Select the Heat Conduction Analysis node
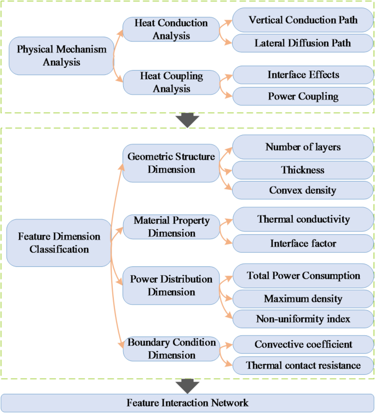point(171,30)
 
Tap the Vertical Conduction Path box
point(303,20)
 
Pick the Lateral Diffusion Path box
point(303,42)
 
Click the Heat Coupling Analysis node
point(171,82)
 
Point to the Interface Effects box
point(303,74)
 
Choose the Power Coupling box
point(303,97)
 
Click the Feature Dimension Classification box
point(59,243)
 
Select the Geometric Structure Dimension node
point(171,163)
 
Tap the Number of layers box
point(303,147)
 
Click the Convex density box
point(303,190)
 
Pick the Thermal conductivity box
point(303,219)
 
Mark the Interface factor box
point(303,243)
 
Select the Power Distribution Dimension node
point(171,286)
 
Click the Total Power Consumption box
point(303,276)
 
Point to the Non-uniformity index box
point(303,319)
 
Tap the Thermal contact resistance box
point(303,365)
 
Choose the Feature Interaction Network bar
point(187,403)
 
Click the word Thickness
point(303,170)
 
